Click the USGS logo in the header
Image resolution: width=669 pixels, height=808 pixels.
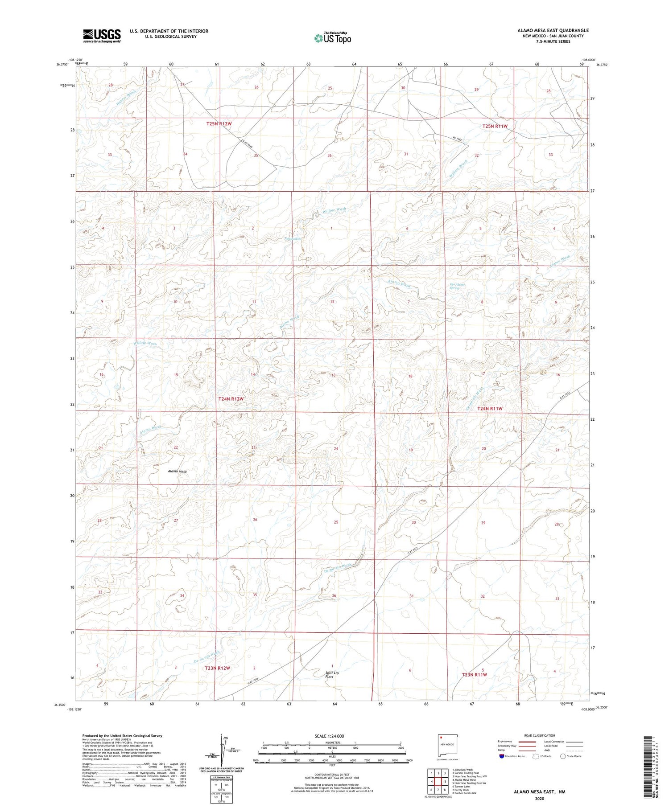tap(102, 36)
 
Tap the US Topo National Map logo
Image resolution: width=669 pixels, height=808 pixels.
tap(333, 38)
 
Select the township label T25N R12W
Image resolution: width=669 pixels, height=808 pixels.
tap(219, 123)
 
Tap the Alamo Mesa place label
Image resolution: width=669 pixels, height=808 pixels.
tap(177, 471)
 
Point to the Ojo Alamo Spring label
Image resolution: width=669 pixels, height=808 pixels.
tap(454, 286)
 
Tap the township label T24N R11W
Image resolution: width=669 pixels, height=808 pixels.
tap(490, 408)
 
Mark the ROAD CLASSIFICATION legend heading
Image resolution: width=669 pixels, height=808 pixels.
tap(540, 735)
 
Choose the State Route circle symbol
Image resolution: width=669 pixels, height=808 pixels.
tap(563, 756)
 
